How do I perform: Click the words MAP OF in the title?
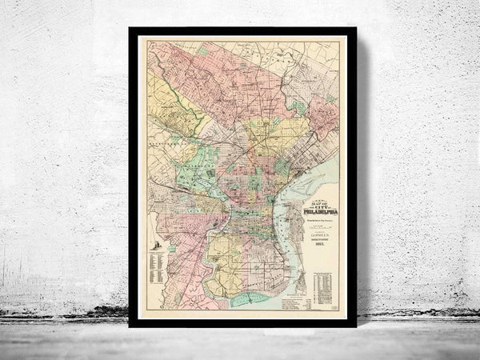[x=318, y=198]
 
